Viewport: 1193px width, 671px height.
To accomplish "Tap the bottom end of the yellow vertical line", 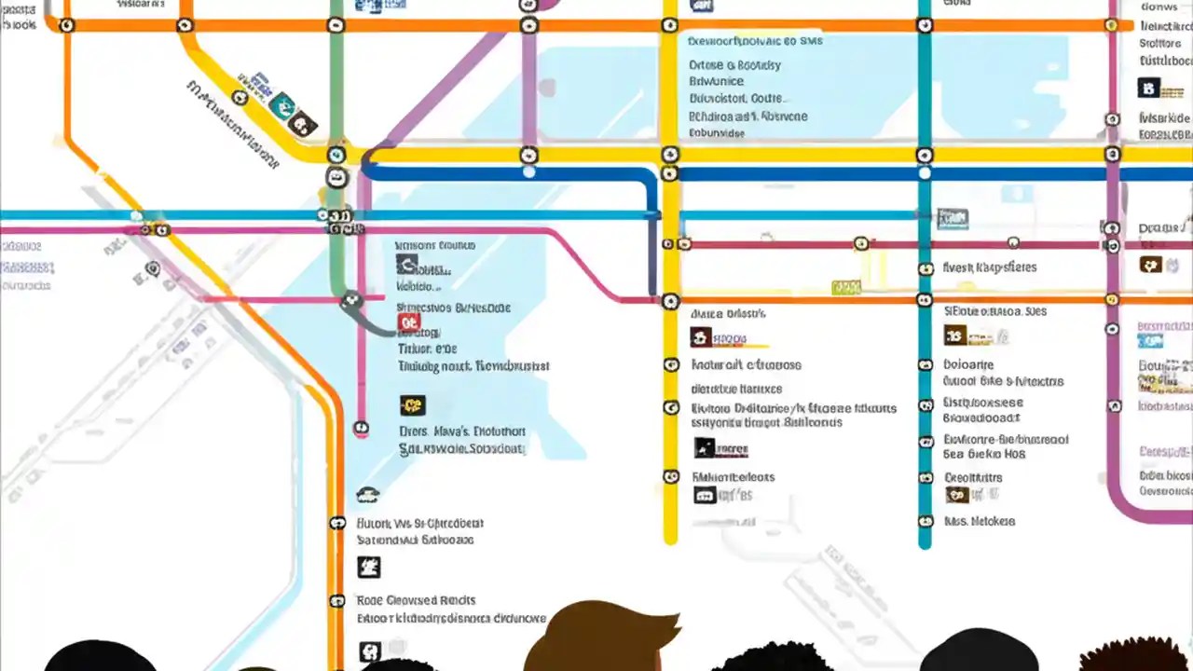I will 670,539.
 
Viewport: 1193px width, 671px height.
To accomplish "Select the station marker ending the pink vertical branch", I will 361,429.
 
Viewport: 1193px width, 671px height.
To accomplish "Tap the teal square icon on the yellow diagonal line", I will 281,105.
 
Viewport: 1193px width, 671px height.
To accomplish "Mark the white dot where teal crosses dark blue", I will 925,173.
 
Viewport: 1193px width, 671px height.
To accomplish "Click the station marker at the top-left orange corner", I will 66,25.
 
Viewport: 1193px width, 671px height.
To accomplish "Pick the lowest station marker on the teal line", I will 925,478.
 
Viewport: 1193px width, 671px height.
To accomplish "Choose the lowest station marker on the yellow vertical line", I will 670,476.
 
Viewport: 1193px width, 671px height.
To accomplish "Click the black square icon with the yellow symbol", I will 412,405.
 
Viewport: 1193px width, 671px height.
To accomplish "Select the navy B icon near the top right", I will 1148,89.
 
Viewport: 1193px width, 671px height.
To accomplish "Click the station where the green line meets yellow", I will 336,155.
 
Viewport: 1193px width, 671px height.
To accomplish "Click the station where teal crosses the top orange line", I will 925,25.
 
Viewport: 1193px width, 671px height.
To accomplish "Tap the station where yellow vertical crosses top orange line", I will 670,25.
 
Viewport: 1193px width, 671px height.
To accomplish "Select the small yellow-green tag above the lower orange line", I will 845,288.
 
